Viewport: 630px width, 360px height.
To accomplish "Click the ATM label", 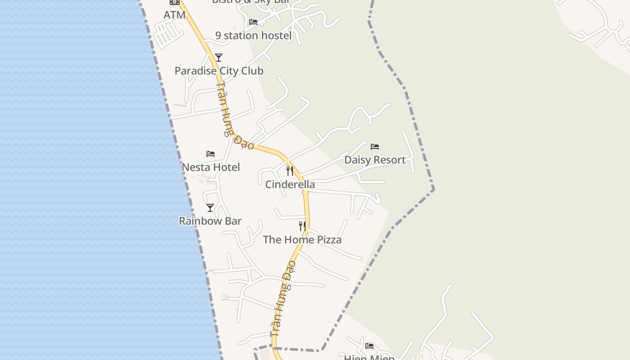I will [175, 15].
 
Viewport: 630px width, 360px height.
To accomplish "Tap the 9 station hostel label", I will [253, 36].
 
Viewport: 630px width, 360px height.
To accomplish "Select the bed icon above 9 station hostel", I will [253, 22].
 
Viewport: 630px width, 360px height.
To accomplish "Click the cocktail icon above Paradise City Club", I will [219, 57].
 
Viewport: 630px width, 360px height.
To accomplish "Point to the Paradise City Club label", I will [219, 71].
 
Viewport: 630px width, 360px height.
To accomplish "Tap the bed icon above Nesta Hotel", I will [211, 153].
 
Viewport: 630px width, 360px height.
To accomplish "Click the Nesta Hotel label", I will [211, 167].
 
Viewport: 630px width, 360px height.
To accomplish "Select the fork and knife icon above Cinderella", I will [290, 171].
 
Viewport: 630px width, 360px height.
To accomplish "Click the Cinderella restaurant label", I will [290, 184].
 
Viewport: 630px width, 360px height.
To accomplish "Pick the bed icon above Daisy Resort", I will [375, 146].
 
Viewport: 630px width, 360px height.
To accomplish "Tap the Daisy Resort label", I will [375, 160].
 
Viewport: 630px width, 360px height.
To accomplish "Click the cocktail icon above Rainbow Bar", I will [210, 207].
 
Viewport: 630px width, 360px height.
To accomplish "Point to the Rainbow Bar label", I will [210, 221].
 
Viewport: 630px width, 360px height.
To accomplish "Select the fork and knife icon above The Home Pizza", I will [302, 226].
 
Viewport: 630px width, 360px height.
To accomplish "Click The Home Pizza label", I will [302, 239].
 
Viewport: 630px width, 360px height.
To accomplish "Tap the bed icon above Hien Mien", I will [369, 346].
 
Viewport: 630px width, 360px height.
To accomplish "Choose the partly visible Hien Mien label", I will [369, 357].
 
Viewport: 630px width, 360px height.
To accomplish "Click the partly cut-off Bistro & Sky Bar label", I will [250, 2].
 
